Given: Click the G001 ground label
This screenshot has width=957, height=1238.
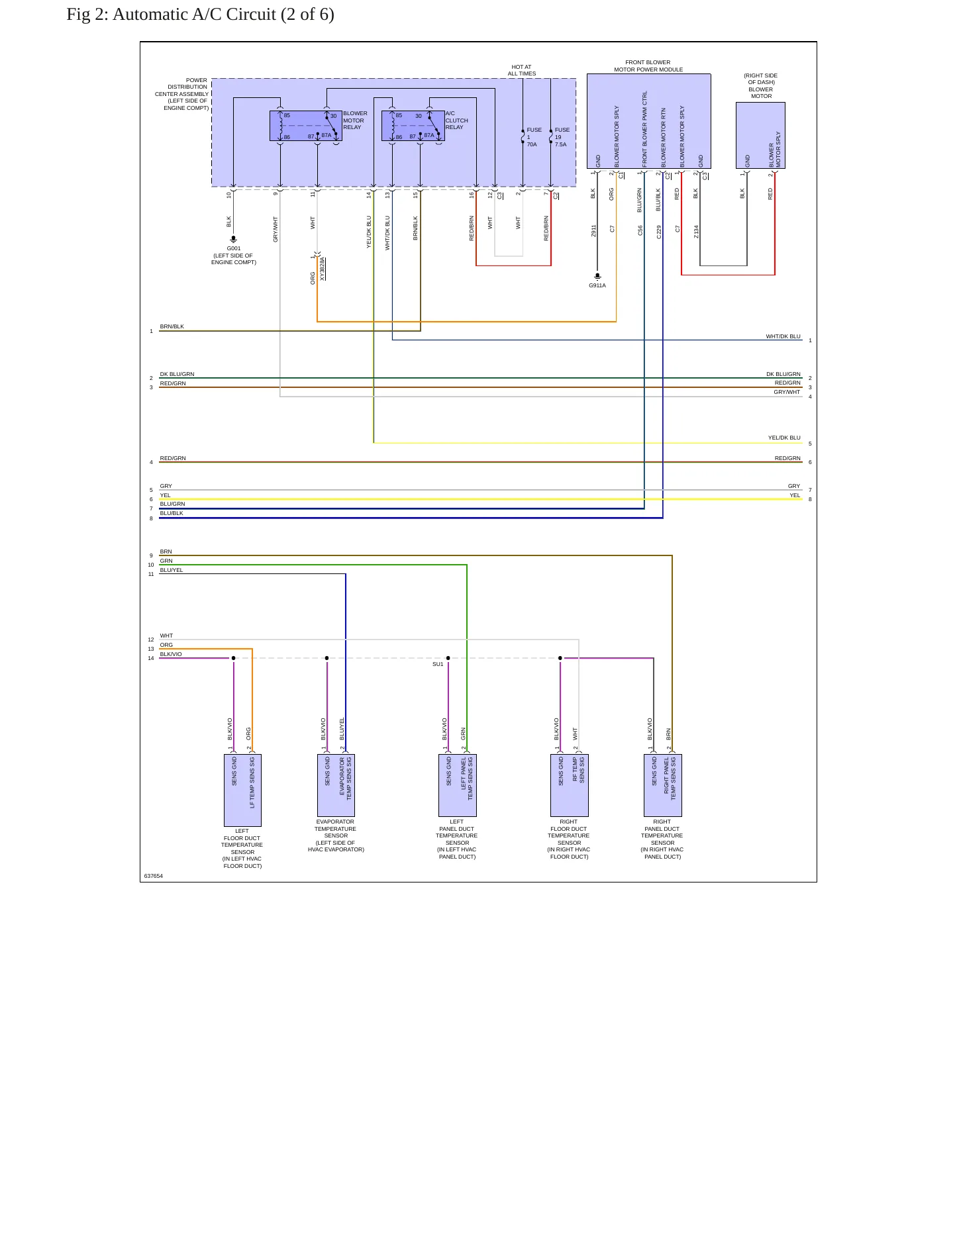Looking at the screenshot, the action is tap(234, 248).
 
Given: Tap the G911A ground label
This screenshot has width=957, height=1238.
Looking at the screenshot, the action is tap(597, 285).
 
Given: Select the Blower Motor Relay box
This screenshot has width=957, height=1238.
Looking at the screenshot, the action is tap(306, 126).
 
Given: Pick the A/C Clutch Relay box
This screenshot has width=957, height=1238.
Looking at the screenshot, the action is tap(413, 126).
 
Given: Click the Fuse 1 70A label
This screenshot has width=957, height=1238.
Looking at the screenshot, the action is tap(534, 137).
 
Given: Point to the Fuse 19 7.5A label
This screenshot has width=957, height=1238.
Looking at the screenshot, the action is tap(562, 137).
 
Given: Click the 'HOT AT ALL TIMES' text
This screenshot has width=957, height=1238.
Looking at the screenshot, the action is tap(522, 70).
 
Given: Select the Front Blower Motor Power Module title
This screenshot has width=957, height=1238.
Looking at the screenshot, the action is tap(648, 66).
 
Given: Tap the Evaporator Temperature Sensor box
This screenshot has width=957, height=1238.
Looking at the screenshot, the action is tap(336, 785).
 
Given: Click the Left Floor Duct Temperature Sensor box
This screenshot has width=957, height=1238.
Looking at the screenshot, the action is tap(242, 790).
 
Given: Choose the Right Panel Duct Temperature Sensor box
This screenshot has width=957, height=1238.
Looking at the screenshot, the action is tap(662, 785).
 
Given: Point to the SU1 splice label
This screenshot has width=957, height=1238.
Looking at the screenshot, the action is tap(438, 664).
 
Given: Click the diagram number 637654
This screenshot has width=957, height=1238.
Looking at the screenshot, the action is tap(154, 876).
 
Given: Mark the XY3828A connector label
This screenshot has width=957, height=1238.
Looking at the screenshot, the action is tap(323, 269).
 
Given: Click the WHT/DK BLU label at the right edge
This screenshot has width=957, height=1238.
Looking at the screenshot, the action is tap(783, 336).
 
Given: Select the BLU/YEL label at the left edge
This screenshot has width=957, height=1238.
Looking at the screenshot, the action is tap(172, 570).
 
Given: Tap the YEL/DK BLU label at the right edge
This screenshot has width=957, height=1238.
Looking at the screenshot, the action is tap(784, 438).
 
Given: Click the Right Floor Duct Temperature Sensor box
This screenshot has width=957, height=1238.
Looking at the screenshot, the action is tap(569, 785).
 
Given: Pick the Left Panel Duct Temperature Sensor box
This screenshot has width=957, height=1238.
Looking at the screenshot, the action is tap(457, 785).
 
